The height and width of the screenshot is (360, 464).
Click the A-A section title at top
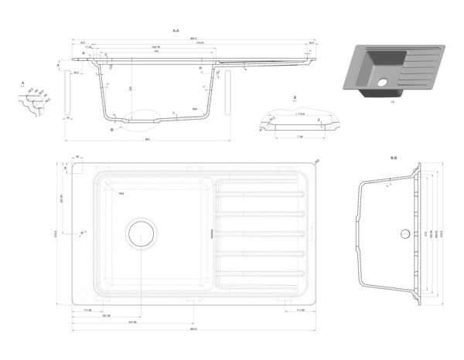[x=176, y=30]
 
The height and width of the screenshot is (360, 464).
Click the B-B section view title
[x=394, y=158]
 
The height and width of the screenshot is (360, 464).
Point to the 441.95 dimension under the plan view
[x=132, y=321]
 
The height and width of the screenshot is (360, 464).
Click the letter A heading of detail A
[x=23, y=82]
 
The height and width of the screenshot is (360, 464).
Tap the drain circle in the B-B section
[x=404, y=233]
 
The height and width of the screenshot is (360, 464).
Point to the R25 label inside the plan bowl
[x=121, y=194]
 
